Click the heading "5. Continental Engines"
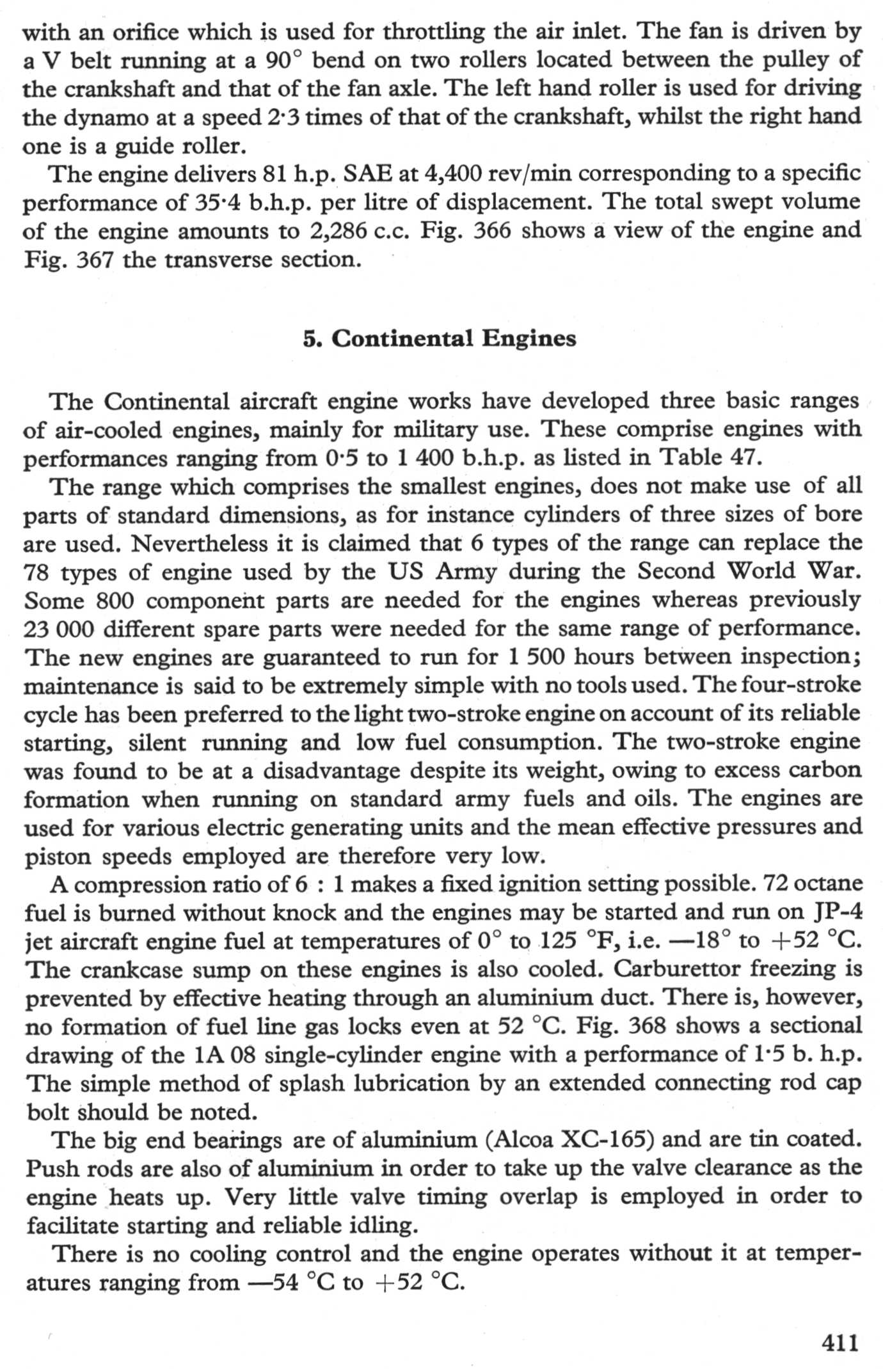point(440,338)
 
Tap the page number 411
point(839,1341)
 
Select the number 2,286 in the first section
point(337,230)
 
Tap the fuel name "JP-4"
point(838,912)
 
